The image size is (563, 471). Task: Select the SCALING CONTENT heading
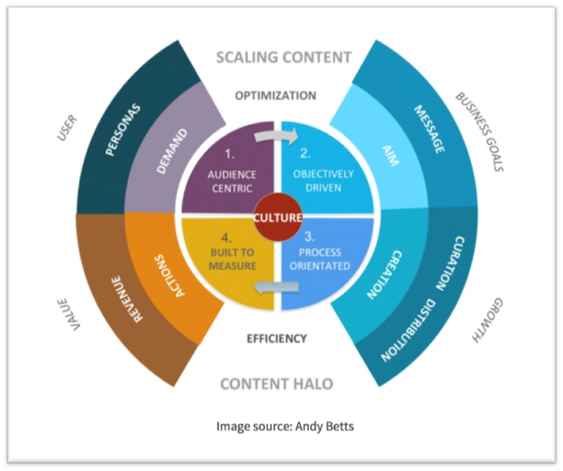click(283, 58)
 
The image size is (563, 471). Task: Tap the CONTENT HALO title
click(277, 384)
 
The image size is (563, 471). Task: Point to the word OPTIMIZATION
click(276, 95)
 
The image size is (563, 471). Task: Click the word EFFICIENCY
click(277, 338)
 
